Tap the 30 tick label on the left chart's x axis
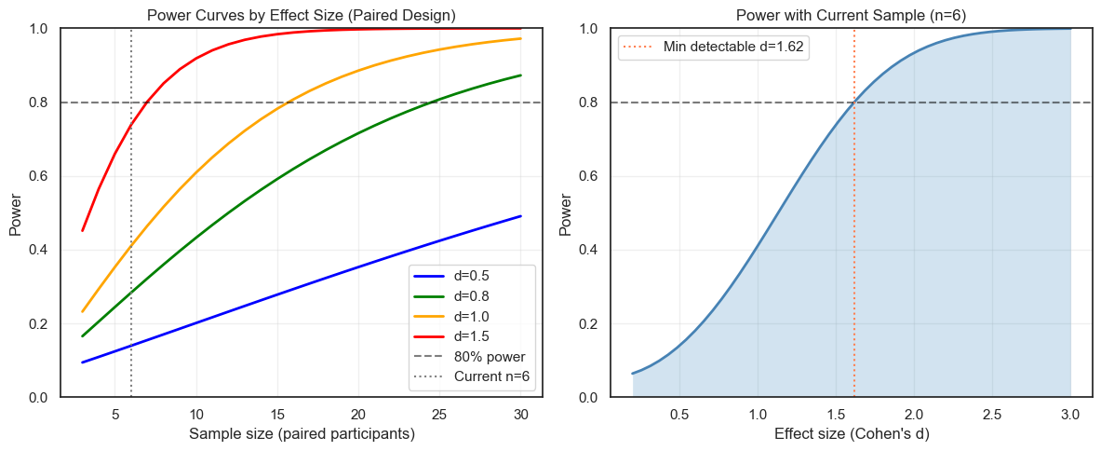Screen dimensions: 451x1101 tap(521, 414)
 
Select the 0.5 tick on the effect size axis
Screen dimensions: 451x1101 tap(679, 414)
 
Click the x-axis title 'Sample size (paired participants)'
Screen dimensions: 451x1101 tap(302, 433)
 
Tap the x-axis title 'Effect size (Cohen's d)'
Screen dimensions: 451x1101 tap(853, 433)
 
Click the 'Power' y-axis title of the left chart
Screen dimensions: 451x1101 tap(16, 212)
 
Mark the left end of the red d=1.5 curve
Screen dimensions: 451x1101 tap(83, 230)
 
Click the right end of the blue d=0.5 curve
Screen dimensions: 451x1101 tap(521, 216)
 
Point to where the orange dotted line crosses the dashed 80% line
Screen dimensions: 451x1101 tap(854, 102)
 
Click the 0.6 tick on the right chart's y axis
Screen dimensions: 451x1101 tap(590, 176)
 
